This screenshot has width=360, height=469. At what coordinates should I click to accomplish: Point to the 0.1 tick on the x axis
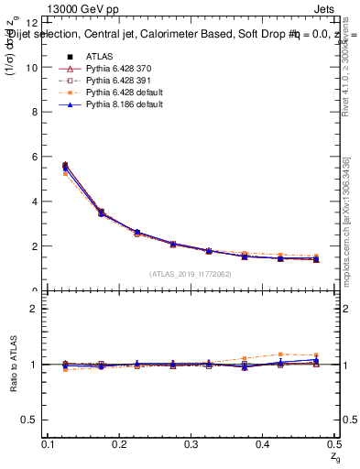tap(49, 444)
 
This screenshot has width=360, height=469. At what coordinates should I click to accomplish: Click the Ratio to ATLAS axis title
tap(12, 364)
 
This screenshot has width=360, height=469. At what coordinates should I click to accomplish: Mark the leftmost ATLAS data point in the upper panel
tap(65, 166)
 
